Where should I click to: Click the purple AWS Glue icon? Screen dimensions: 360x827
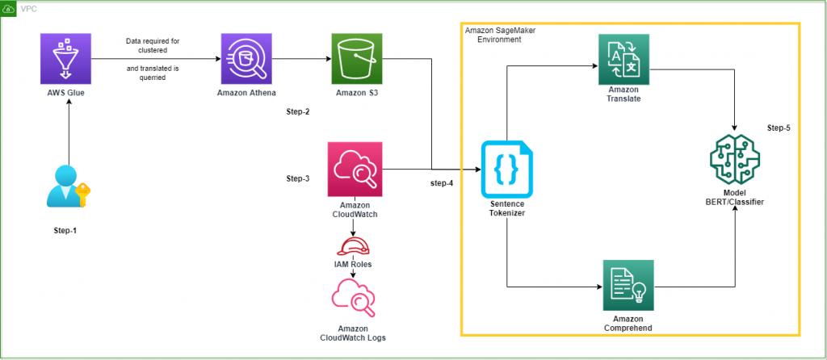[x=68, y=60]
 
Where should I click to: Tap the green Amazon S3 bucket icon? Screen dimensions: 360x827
[x=356, y=60]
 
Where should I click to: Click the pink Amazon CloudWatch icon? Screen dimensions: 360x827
[x=354, y=169]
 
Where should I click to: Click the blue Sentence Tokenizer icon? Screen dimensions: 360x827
[x=506, y=170]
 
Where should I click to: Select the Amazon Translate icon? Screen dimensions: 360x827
[x=624, y=60]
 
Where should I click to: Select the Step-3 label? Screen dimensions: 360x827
[x=298, y=178]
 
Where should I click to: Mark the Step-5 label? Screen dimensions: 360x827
[x=782, y=129]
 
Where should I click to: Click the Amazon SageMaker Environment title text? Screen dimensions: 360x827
[x=501, y=34]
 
